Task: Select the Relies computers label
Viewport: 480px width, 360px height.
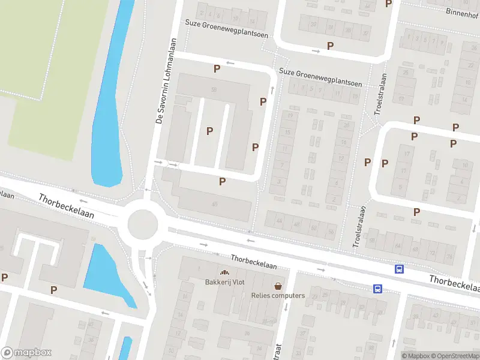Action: click(278, 295)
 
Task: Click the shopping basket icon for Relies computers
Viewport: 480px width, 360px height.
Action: click(278, 286)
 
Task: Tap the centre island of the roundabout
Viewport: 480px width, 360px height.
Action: click(142, 224)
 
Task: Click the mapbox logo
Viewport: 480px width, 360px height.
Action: click(26, 353)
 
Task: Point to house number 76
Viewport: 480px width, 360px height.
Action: click(449, 257)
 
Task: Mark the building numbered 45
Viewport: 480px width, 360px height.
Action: click(214, 205)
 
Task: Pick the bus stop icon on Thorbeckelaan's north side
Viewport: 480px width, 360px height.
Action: click(398, 269)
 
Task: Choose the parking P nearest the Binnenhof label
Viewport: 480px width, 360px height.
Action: click(388, 4)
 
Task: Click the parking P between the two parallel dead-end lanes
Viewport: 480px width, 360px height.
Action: click(209, 131)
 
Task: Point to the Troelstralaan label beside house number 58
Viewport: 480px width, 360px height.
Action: click(359, 228)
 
